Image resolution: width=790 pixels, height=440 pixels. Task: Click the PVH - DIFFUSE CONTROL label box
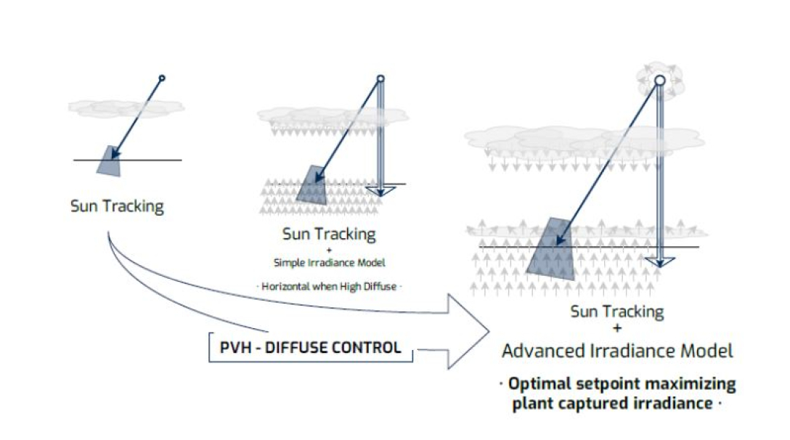click(310, 348)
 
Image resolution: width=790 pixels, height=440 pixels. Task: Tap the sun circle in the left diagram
click(162, 78)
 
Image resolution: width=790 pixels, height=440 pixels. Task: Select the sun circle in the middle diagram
click(380, 78)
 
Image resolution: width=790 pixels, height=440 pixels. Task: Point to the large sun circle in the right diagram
click(660, 81)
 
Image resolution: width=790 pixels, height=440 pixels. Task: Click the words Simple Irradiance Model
click(328, 262)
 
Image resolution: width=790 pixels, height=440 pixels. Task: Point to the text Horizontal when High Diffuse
click(329, 286)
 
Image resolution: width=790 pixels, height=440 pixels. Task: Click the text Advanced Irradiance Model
click(617, 351)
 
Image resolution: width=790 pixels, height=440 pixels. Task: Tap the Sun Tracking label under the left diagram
click(117, 205)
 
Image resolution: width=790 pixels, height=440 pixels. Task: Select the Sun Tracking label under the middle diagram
click(329, 234)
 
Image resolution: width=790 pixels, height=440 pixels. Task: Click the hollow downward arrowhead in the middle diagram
click(380, 191)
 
